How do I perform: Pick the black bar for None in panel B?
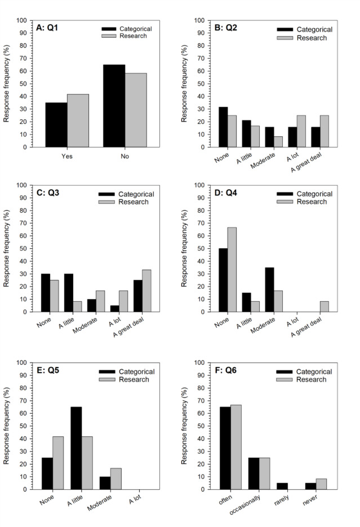point(224,127)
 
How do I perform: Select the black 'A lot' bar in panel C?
point(114,308)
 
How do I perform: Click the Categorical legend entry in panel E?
point(129,372)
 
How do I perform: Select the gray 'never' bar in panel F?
point(321,484)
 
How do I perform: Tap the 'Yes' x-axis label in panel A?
point(67,156)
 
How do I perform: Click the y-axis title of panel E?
point(6,426)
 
